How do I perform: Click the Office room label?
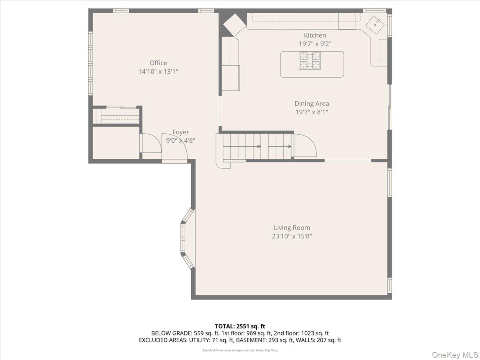(x=158, y=63)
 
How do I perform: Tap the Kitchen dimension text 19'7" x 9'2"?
(x=315, y=44)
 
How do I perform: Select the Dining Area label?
(x=312, y=104)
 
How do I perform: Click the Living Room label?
(x=292, y=228)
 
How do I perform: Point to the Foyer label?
(x=181, y=132)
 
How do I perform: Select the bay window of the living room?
(x=186, y=238)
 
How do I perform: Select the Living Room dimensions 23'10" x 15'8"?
(x=292, y=236)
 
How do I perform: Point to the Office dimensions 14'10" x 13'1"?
(x=158, y=72)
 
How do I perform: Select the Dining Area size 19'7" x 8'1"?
(x=312, y=112)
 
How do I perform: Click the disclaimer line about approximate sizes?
(x=240, y=350)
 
